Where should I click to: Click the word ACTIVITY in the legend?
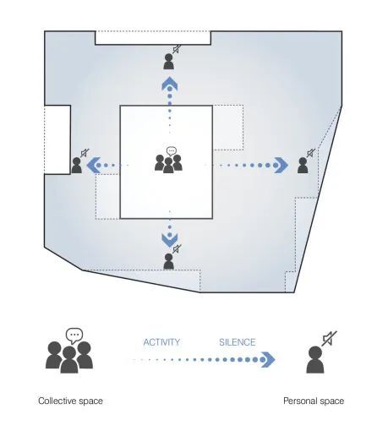161,342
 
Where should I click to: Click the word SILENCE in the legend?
238,342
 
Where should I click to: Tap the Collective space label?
70,401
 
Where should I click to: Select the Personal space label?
314,401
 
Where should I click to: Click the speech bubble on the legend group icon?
74,336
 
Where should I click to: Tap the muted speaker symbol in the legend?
330,339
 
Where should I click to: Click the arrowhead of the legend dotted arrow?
267,359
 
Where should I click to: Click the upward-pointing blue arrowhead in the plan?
169,84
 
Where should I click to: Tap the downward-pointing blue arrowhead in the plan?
169,240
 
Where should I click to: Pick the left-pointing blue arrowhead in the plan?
94,165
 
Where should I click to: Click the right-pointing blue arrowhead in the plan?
281,165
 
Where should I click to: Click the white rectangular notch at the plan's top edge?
153,38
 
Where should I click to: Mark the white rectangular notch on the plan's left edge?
57,139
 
